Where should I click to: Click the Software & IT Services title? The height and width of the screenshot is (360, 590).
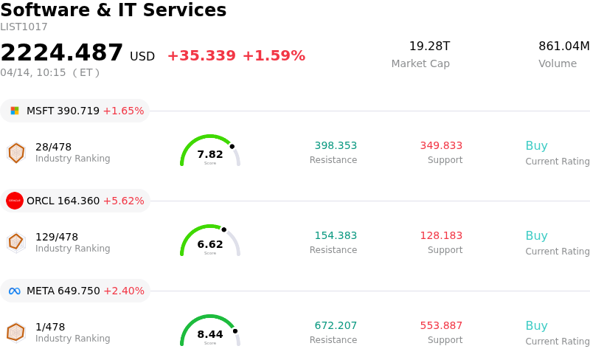113,11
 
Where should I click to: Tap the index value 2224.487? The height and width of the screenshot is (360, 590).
62,53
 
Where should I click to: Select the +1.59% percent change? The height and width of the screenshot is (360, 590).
273,56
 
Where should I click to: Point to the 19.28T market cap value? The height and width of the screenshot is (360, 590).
429,46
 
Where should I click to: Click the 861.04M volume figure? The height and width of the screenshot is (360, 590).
563,46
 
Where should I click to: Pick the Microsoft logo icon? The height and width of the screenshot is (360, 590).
15,111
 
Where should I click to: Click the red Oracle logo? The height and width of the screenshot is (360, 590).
15,201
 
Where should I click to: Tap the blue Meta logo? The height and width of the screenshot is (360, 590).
15,291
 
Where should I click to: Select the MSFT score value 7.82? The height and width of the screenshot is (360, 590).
210,154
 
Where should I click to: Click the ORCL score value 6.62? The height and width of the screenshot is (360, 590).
210,244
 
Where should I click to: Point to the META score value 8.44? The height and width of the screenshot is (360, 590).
210,334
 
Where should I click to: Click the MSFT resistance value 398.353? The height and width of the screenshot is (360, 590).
336,146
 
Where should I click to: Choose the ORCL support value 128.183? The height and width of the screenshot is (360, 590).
441,236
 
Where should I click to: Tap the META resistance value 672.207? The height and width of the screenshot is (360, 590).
336,326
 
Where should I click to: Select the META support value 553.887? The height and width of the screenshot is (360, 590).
441,326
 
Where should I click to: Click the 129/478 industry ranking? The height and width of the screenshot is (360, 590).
57,237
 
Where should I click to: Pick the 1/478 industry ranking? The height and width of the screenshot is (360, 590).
50,327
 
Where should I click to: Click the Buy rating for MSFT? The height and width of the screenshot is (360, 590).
536,146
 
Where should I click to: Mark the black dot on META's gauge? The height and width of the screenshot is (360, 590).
235,330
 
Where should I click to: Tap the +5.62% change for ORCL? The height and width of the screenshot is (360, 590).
123,201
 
